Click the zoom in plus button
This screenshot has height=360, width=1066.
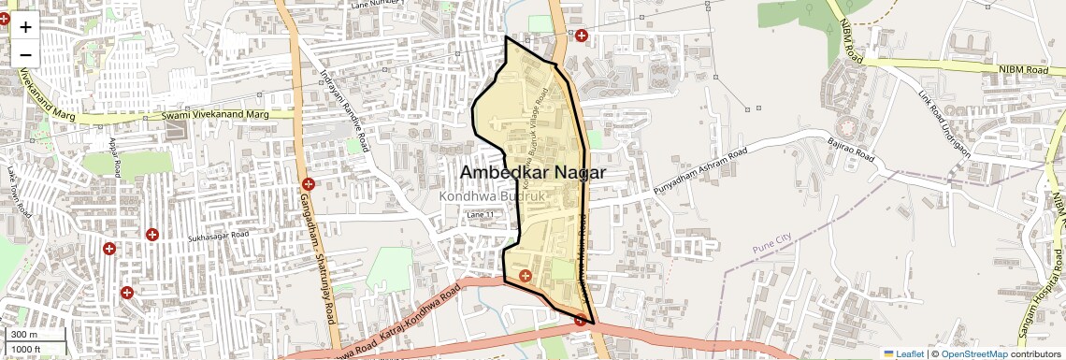pyautogui.click(x=25, y=26)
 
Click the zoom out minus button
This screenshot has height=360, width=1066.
pyautogui.click(x=25, y=54)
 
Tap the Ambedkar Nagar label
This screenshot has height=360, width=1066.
pyautogui.click(x=533, y=173)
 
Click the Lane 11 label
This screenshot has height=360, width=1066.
pyautogui.click(x=480, y=216)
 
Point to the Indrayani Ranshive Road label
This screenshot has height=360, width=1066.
pyautogui.click(x=344, y=110)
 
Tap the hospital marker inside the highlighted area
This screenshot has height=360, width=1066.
pyautogui.click(x=525, y=275)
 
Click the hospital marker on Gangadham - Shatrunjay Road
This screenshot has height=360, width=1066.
pyautogui.click(x=309, y=183)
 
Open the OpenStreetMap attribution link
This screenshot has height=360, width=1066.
pyautogui.click(x=973, y=353)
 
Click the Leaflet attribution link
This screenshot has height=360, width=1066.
pyautogui.click(x=904, y=353)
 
